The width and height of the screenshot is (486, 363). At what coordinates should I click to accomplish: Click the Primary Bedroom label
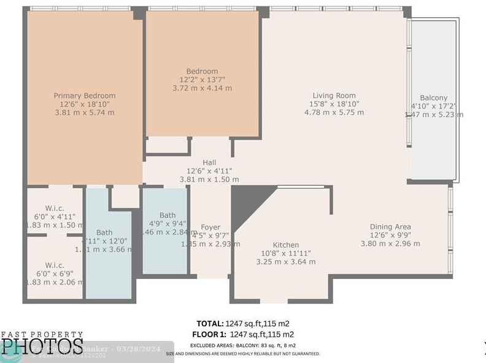84,96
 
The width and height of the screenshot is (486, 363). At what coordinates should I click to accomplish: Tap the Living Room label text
334,95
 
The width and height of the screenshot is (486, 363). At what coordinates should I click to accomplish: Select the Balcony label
433,97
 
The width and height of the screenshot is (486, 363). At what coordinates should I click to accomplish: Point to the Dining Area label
390,226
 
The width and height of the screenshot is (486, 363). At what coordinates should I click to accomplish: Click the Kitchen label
285,245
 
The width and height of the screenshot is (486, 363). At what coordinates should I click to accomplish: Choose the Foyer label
210,227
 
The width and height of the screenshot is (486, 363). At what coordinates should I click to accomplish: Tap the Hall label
209,162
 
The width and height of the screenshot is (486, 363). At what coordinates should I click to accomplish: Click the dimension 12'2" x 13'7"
202,80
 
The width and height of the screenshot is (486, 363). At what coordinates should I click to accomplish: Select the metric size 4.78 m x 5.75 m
334,112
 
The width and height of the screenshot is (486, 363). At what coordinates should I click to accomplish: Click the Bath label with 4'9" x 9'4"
168,215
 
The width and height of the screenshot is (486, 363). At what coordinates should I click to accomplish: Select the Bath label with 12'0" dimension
104,232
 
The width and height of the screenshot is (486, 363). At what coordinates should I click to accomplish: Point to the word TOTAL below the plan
210,323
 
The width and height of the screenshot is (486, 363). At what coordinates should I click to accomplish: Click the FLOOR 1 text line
244,334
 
